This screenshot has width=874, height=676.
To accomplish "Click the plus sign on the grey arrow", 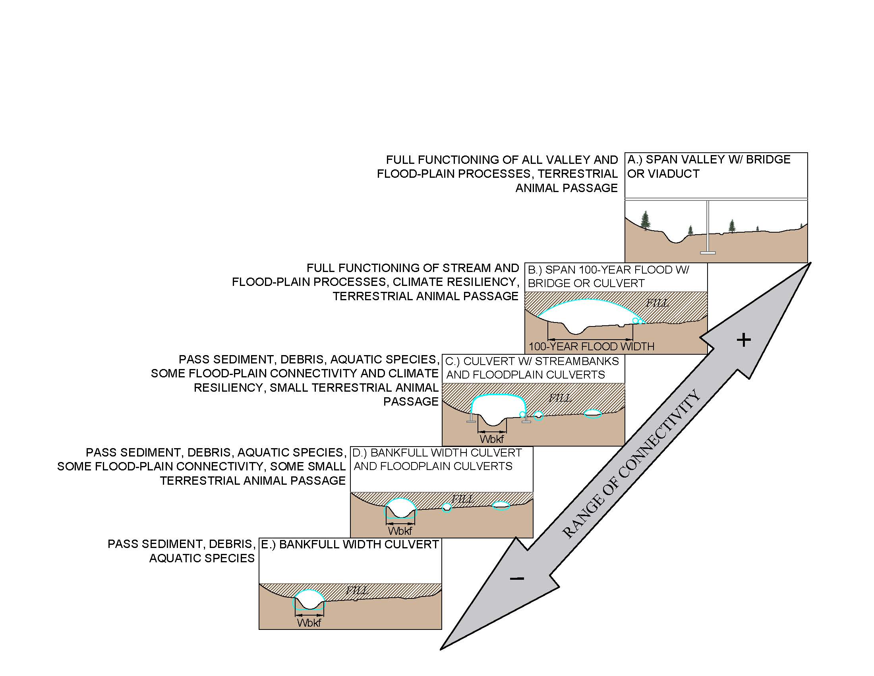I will click(743, 340).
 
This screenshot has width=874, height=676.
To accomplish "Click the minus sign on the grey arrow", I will click(517, 578).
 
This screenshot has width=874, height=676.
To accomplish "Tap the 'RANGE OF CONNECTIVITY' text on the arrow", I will click(631, 464).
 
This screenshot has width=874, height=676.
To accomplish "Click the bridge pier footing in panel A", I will click(708, 252).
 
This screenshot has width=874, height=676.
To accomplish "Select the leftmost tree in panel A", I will click(645, 220).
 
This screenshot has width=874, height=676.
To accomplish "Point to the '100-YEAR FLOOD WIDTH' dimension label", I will click(591, 346).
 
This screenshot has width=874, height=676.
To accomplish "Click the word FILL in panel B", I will click(657, 303).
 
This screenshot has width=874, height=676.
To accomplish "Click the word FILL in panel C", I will click(560, 398).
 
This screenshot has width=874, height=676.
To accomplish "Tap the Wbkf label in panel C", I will click(492, 439).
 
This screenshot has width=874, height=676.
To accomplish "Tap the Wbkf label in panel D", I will click(400, 531).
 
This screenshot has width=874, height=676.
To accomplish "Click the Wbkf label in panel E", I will click(309, 623).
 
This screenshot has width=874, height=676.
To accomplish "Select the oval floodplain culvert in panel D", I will click(501, 506).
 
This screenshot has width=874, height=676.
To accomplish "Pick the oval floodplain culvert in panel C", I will click(593, 414).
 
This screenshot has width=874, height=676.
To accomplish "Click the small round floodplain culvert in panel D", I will click(447, 508).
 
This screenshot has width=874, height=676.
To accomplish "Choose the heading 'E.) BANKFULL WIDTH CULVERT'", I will click(350, 545).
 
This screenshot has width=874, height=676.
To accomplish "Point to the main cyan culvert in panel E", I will click(309, 600).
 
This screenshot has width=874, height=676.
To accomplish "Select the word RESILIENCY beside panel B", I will click(483, 282).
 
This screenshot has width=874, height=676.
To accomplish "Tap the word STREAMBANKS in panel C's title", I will click(577, 361).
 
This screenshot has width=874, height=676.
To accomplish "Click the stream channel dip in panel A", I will click(676, 239).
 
